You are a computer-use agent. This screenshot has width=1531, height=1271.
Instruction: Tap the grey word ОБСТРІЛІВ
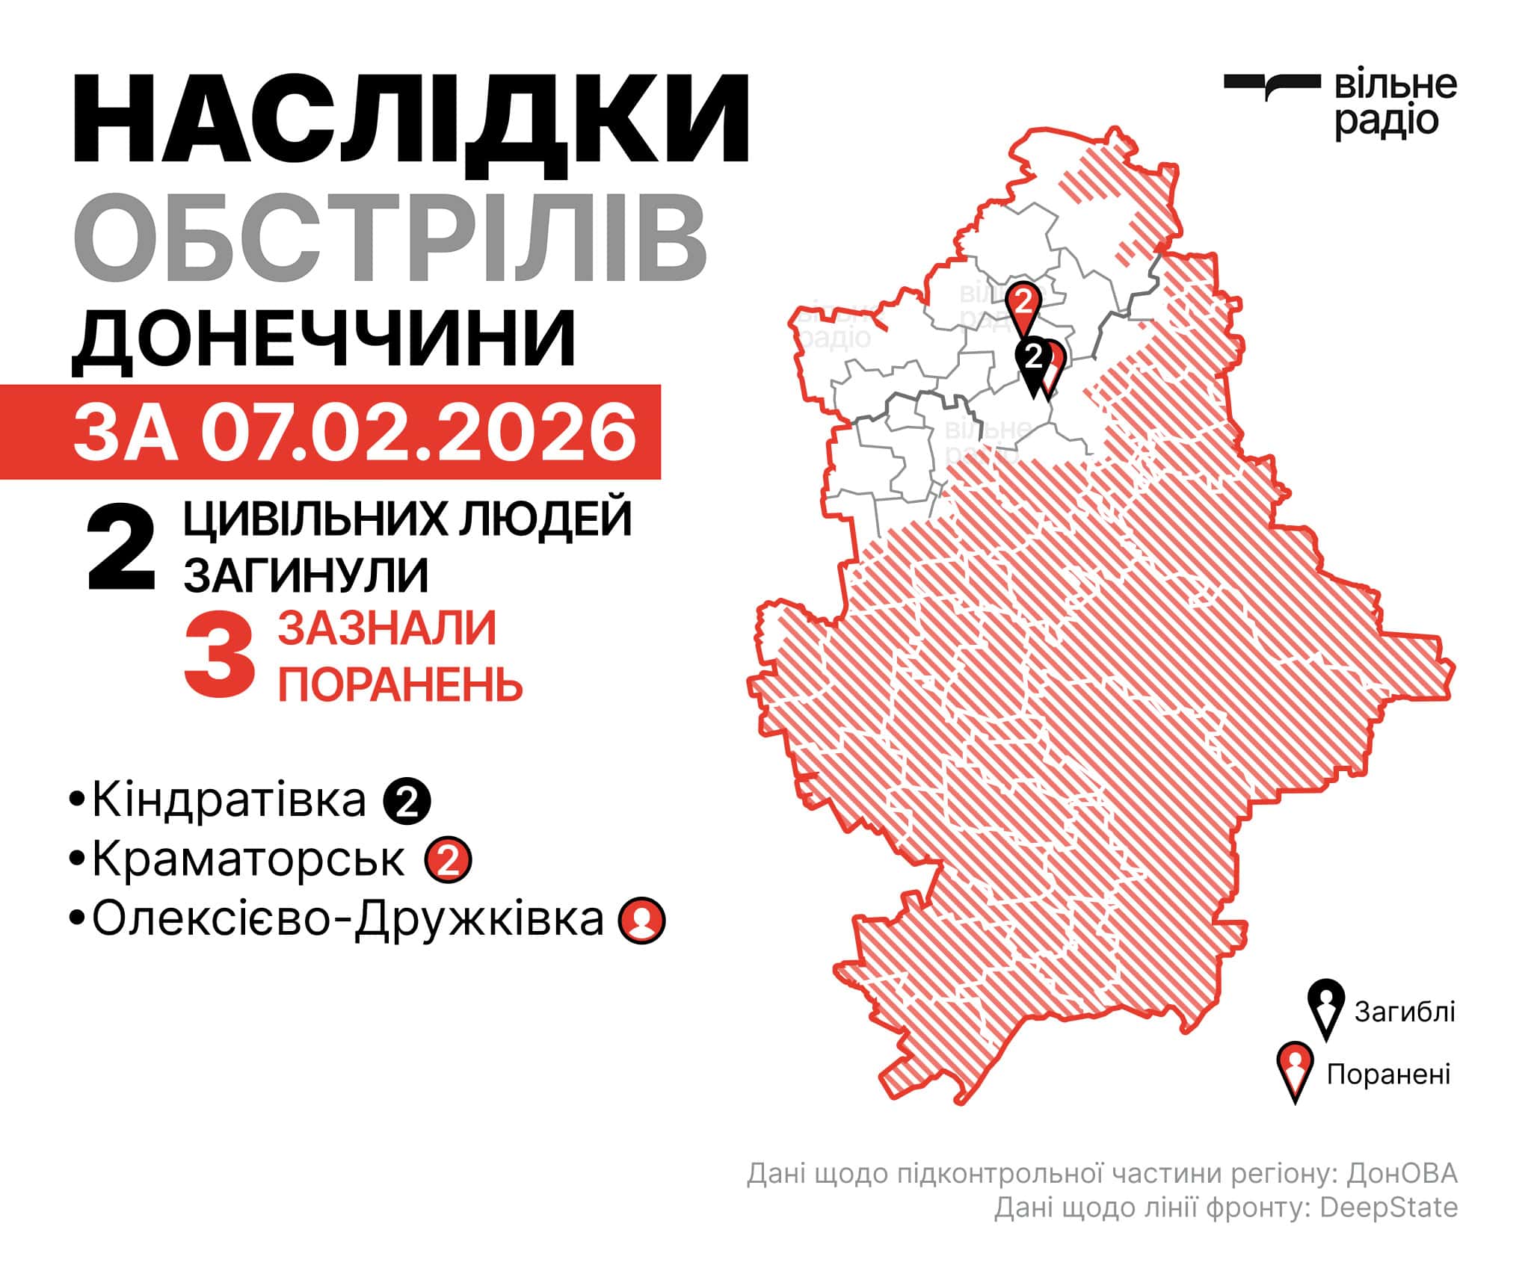click(389, 237)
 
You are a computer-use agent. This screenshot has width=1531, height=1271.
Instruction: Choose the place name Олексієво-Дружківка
click(348, 919)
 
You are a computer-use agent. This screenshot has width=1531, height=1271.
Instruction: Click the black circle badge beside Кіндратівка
click(407, 802)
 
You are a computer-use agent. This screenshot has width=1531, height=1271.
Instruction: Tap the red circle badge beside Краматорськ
click(448, 862)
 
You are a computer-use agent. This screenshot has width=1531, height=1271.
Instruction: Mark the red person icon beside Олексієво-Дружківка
click(641, 921)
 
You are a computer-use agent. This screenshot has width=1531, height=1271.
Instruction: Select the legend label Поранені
click(1388, 1074)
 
